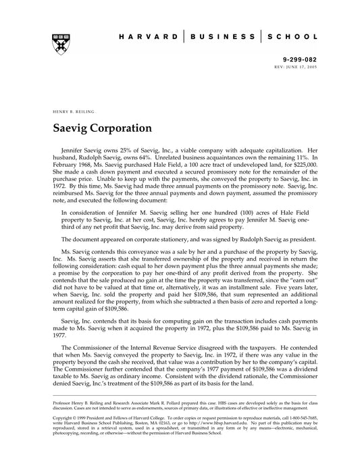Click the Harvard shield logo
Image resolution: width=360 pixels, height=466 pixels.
(x=55, y=43)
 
